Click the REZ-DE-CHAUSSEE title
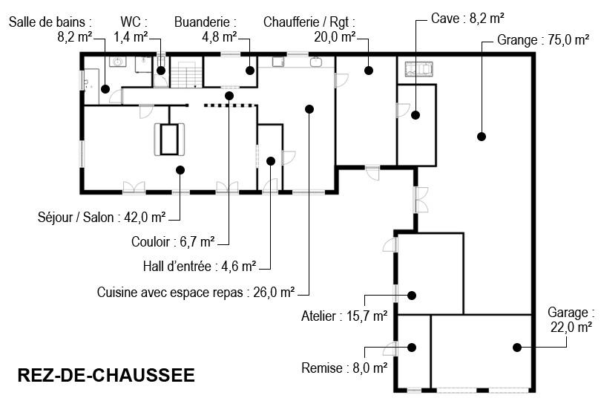(x=105, y=375)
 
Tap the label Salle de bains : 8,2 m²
(x=50, y=28)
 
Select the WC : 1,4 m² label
(x=132, y=28)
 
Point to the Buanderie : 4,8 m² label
(x=206, y=28)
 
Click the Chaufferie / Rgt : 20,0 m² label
(x=309, y=28)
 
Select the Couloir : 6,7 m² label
(x=173, y=241)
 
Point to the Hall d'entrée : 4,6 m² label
(x=200, y=266)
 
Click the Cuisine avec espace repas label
(x=196, y=292)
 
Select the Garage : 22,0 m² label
(x=571, y=319)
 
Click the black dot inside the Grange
(x=481, y=136)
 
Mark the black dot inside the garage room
(x=514, y=347)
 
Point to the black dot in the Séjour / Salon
(x=180, y=170)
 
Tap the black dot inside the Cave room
(x=416, y=114)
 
